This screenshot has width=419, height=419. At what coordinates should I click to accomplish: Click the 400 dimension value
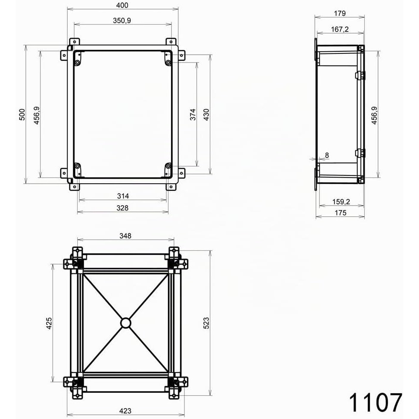click(122, 5)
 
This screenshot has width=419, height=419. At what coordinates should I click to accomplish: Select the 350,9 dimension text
click(122, 21)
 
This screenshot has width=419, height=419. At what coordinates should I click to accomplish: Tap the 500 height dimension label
click(22, 114)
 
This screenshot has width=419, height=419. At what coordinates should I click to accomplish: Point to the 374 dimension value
click(193, 114)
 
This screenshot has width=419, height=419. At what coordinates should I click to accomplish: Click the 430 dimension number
click(206, 114)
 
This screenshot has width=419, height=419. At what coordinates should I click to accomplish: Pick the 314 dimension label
click(123, 196)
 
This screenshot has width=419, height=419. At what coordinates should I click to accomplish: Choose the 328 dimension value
click(122, 208)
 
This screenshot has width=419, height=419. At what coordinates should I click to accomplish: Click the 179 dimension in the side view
click(340, 13)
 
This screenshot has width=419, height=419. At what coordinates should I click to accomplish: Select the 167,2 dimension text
click(340, 29)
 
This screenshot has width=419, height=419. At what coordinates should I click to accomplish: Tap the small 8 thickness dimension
click(327, 155)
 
